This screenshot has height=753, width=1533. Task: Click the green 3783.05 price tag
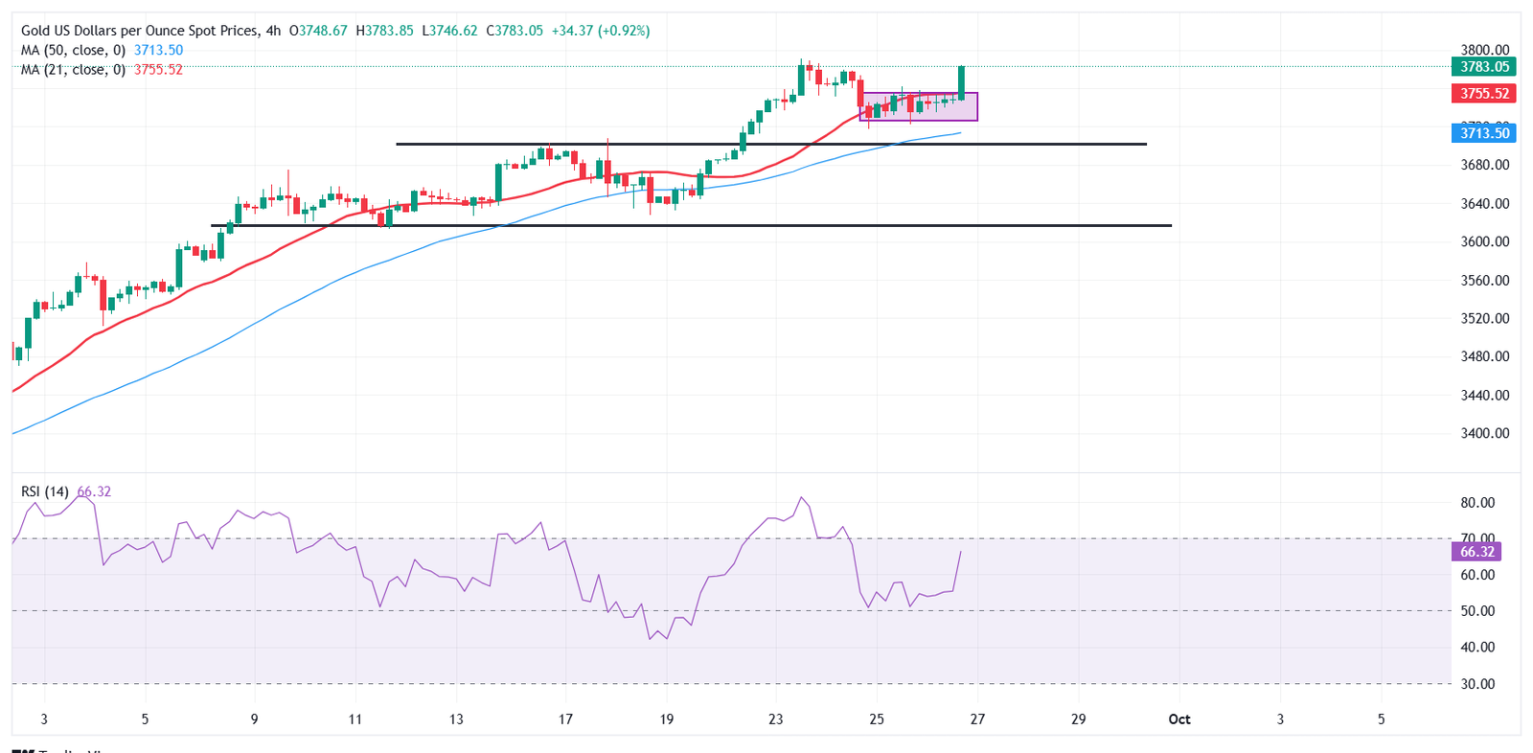(1484, 67)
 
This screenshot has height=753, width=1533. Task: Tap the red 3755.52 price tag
(1484, 94)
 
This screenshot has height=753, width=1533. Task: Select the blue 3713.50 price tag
(1484, 133)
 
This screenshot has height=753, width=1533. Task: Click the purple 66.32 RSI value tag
(1477, 552)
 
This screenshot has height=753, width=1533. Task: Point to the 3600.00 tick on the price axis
(1484, 242)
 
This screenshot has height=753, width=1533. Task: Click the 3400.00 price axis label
(1484, 434)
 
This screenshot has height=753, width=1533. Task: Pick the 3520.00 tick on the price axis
(1484, 319)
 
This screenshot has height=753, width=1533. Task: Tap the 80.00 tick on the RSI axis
(1477, 503)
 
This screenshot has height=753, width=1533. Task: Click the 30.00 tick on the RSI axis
(1477, 684)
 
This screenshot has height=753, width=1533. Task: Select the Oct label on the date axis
(1179, 719)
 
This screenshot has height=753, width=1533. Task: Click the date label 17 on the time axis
(565, 719)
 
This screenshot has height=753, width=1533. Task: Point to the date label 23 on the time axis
(775, 719)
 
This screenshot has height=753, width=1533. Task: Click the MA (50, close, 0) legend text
(73, 51)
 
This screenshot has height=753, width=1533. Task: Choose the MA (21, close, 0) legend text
(73, 70)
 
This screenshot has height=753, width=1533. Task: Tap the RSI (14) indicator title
(45, 492)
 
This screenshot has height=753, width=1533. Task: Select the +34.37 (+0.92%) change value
(601, 31)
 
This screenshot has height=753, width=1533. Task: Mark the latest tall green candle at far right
(961, 83)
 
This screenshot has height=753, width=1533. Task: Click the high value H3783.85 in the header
(384, 31)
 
